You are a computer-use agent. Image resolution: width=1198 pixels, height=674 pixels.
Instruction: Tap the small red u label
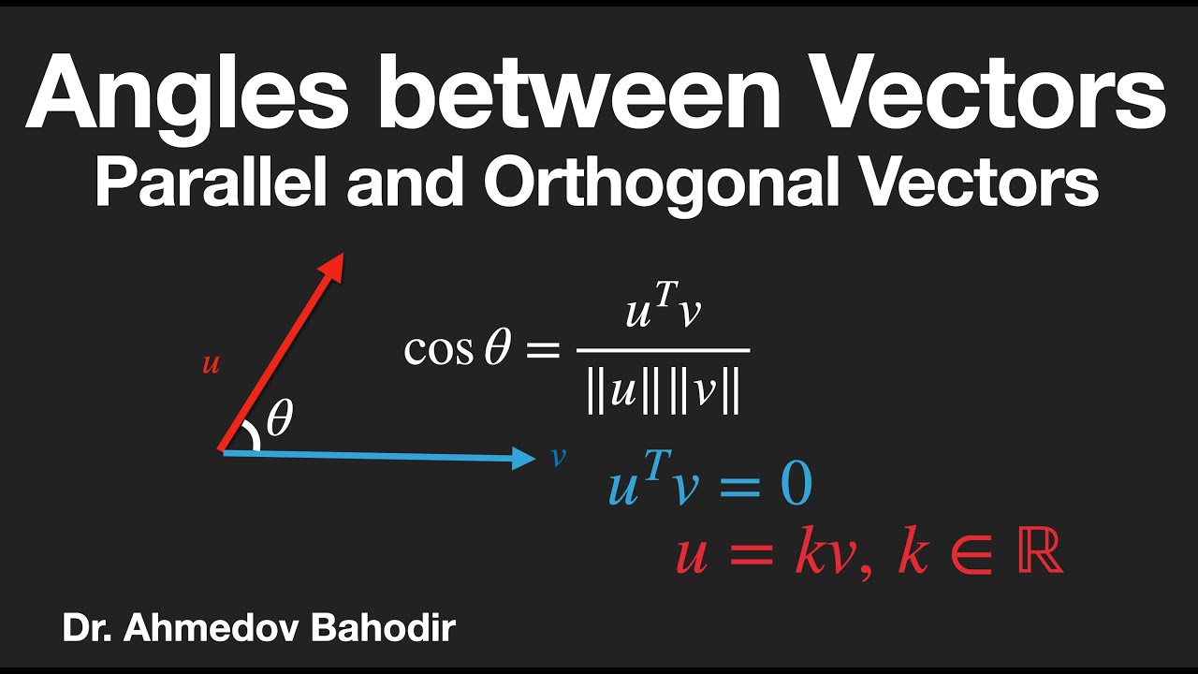coord(212,364)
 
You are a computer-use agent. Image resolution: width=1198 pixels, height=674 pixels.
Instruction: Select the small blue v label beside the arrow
coord(558,457)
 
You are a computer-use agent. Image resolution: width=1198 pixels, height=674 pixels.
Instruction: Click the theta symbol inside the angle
coord(279,418)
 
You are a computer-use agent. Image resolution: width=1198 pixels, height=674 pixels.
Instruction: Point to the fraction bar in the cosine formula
coord(663,350)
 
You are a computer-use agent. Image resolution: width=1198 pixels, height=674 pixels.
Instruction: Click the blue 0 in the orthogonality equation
coord(795,486)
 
